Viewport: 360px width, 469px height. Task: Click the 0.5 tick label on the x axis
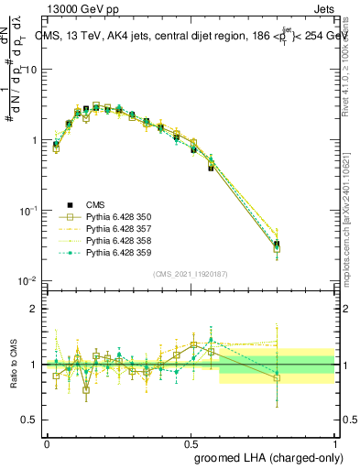[x=191, y=442]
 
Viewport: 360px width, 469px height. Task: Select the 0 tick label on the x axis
[x=47, y=442]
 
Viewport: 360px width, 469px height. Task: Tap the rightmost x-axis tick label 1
[x=334, y=442]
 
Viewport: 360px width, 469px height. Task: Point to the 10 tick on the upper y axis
[x=33, y=70]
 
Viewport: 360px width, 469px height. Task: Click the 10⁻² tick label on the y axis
[x=29, y=280]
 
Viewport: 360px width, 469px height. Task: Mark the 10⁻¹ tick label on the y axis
[x=29, y=211]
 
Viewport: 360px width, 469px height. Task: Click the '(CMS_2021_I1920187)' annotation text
[x=190, y=273]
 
